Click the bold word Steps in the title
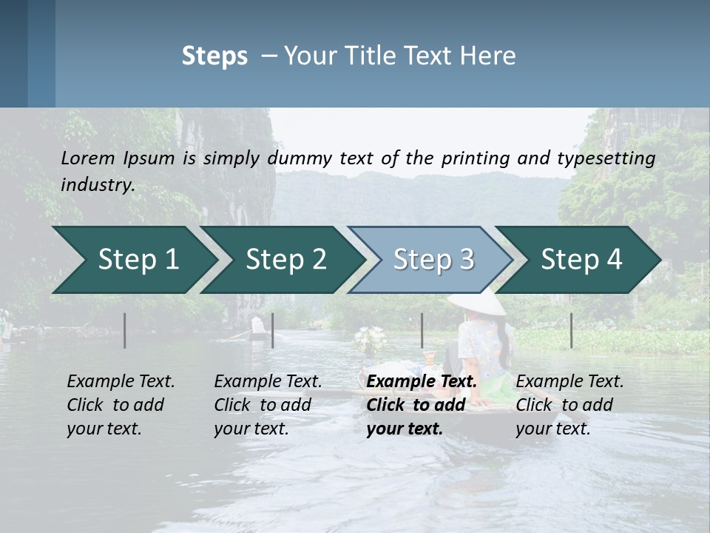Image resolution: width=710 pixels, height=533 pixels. (x=214, y=56)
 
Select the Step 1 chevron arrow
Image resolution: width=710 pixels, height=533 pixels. (x=133, y=259)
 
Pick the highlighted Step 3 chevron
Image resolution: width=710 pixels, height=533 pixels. (x=433, y=259)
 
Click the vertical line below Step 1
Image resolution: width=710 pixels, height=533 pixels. (x=125, y=330)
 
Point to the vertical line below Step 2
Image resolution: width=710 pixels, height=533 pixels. (x=273, y=330)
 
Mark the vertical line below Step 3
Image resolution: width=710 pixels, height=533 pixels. (x=422, y=330)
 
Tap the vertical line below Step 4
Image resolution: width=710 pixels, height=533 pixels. (x=571, y=330)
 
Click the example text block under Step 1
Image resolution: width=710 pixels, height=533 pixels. (x=121, y=405)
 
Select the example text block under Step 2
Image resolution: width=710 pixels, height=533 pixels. (x=268, y=405)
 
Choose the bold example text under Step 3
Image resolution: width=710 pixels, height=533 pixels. (x=422, y=405)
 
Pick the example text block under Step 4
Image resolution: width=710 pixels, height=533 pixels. (x=569, y=405)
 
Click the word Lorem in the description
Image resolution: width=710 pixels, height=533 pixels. (x=87, y=158)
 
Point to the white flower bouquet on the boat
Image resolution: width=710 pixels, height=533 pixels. (x=369, y=339)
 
